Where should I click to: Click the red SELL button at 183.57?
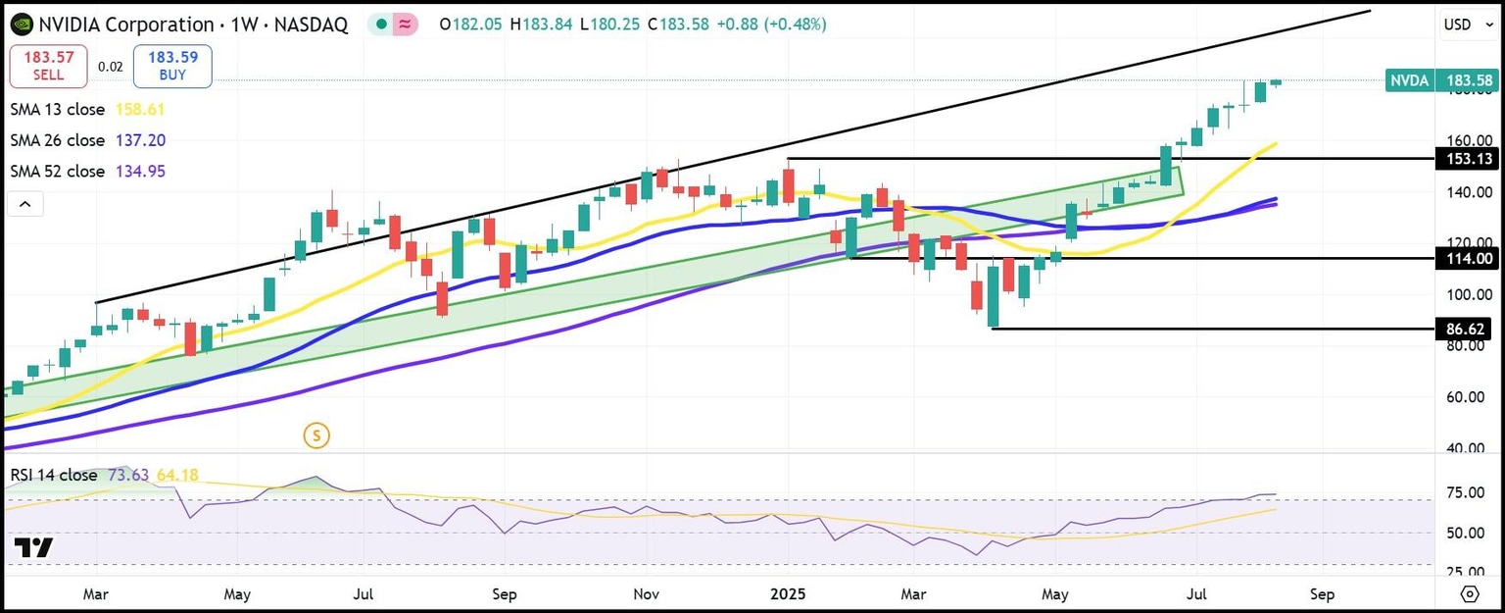(48, 66)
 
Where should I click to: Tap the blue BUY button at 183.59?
(172, 66)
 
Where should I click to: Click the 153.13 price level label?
(1465, 159)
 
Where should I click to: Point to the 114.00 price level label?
(1465, 259)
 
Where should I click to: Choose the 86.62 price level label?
(1465, 329)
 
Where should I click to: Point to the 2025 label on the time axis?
(789, 594)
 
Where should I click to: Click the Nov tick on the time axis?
(646, 594)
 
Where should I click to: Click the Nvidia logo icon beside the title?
(20, 25)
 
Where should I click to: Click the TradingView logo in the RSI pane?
(34, 548)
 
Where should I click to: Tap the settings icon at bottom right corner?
(1469, 594)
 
